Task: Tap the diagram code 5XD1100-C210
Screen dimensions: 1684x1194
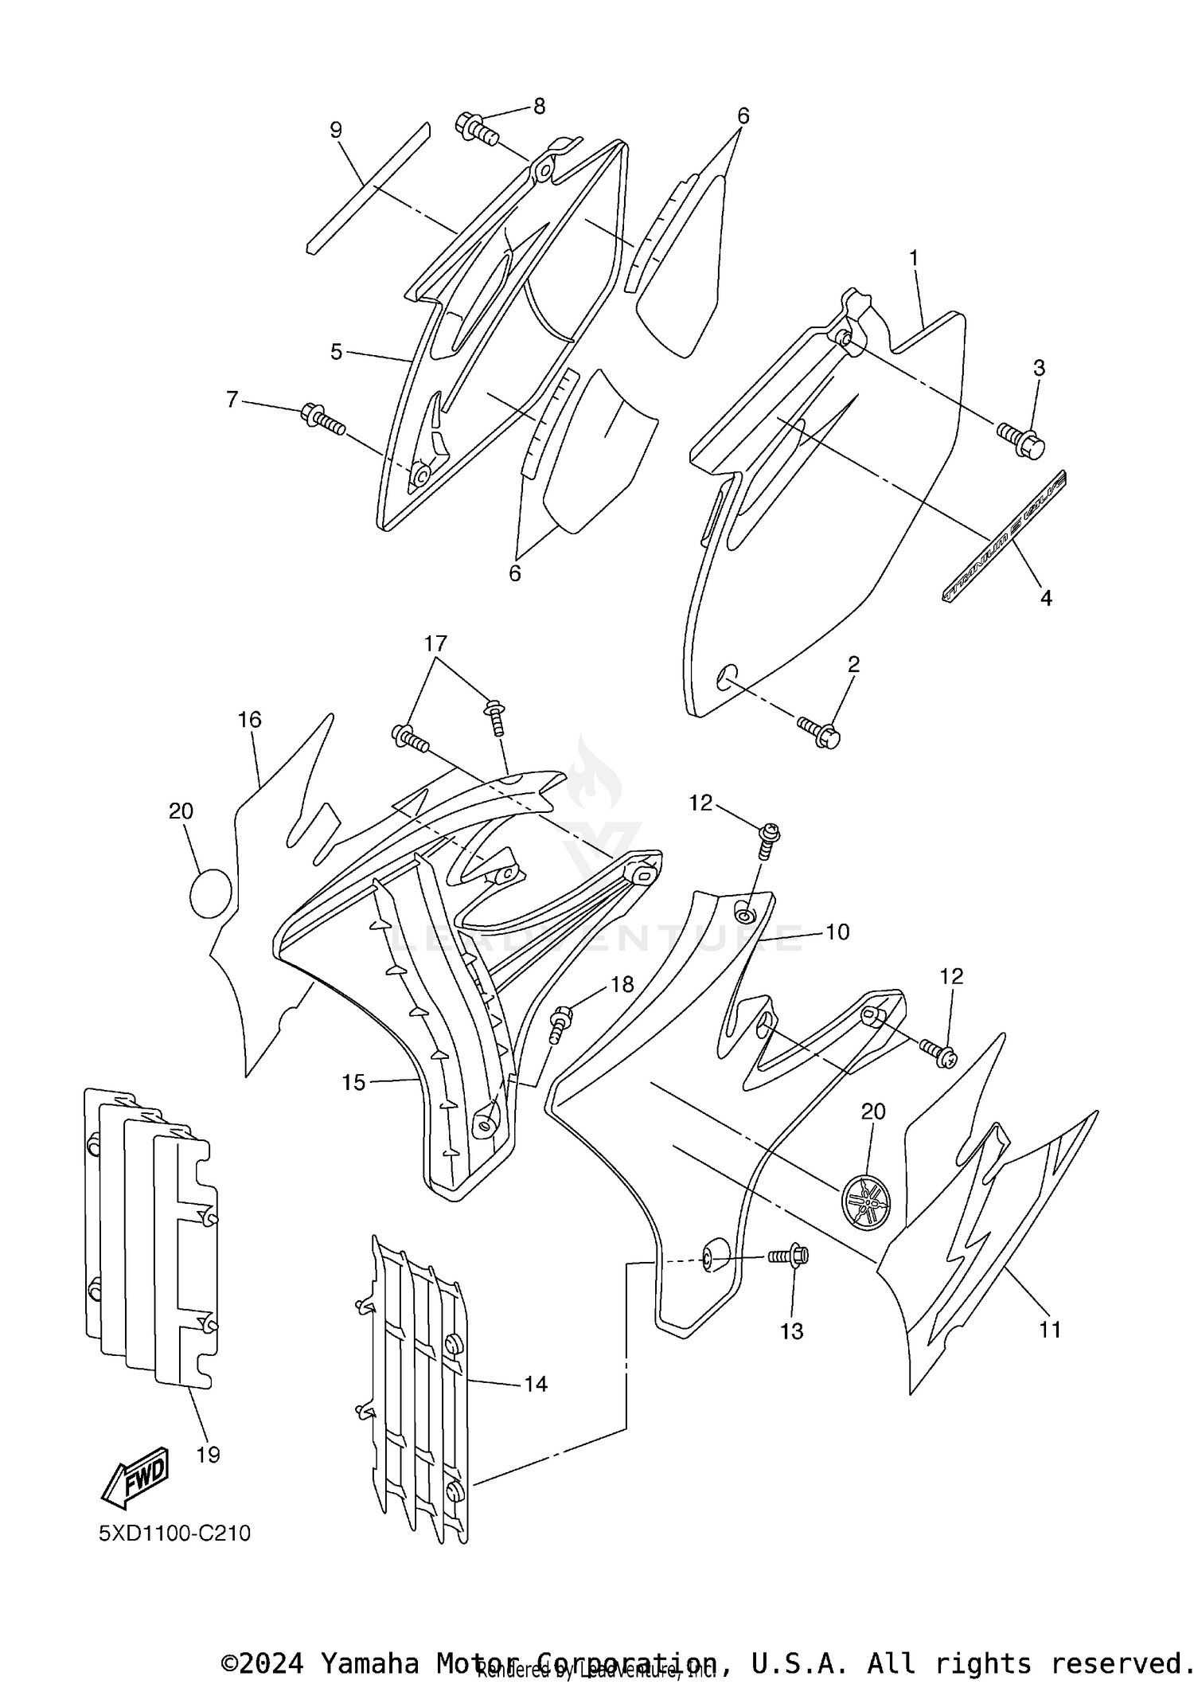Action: click(x=174, y=1533)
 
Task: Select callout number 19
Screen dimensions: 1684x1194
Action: click(x=208, y=1454)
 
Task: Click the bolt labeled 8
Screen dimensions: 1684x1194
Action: click(x=476, y=128)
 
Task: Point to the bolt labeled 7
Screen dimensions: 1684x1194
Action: click(x=322, y=419)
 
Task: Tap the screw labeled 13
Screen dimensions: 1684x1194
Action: click(x=789, y=1256)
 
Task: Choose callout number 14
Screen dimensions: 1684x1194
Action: click(x=536, y=1383)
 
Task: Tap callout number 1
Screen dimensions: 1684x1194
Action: click(x=914, y=258)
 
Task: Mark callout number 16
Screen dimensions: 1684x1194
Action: click(x=249, y=720)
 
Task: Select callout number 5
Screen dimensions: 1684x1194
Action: click(x=336, y=351)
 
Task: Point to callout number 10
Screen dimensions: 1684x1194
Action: click(x=837, y=931)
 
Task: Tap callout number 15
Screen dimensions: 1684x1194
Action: click(x=353, y=1082)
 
